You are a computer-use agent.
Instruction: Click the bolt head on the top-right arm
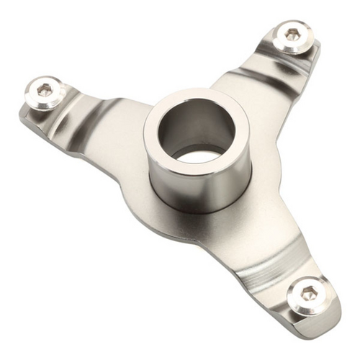click(x=293, y=35)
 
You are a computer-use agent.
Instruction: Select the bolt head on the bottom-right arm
click(x=310, y=294)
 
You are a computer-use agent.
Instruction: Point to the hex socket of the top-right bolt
click(x=292, y=33)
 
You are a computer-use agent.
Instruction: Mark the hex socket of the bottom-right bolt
click(x=310, y=292)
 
